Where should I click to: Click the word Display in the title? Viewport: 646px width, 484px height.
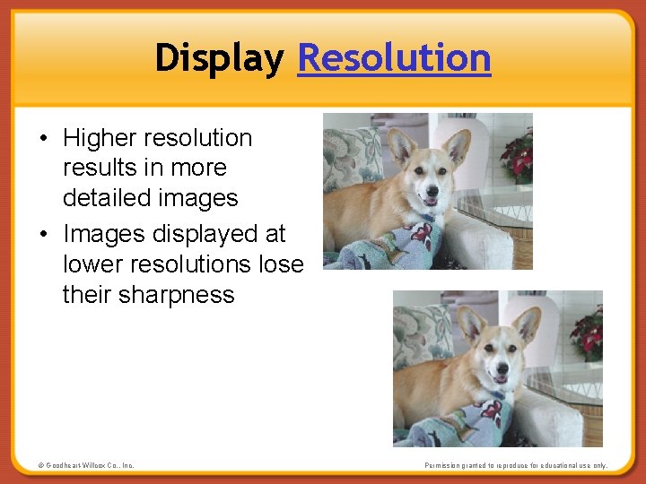click(x=219, y=58)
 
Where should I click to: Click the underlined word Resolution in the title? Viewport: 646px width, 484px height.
click(x=394, y=58)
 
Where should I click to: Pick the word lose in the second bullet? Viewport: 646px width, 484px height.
click(x=279, y=264)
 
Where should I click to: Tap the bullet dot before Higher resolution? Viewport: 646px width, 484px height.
click(x=43, y=139)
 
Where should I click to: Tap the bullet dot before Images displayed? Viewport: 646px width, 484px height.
click(x=43, y=235)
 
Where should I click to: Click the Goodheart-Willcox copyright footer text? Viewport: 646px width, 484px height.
click(x=86, y=465)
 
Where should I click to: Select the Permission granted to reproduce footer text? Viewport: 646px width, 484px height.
click(x=515, y=465)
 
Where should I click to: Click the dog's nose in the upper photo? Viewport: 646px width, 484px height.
click(x=434, y=191)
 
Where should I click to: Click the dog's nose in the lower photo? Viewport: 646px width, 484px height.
click(x=504, y=368)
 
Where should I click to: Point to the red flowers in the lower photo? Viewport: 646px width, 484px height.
click(x=588, y=333)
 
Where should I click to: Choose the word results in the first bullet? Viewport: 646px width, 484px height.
click(x=94, y=169)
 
